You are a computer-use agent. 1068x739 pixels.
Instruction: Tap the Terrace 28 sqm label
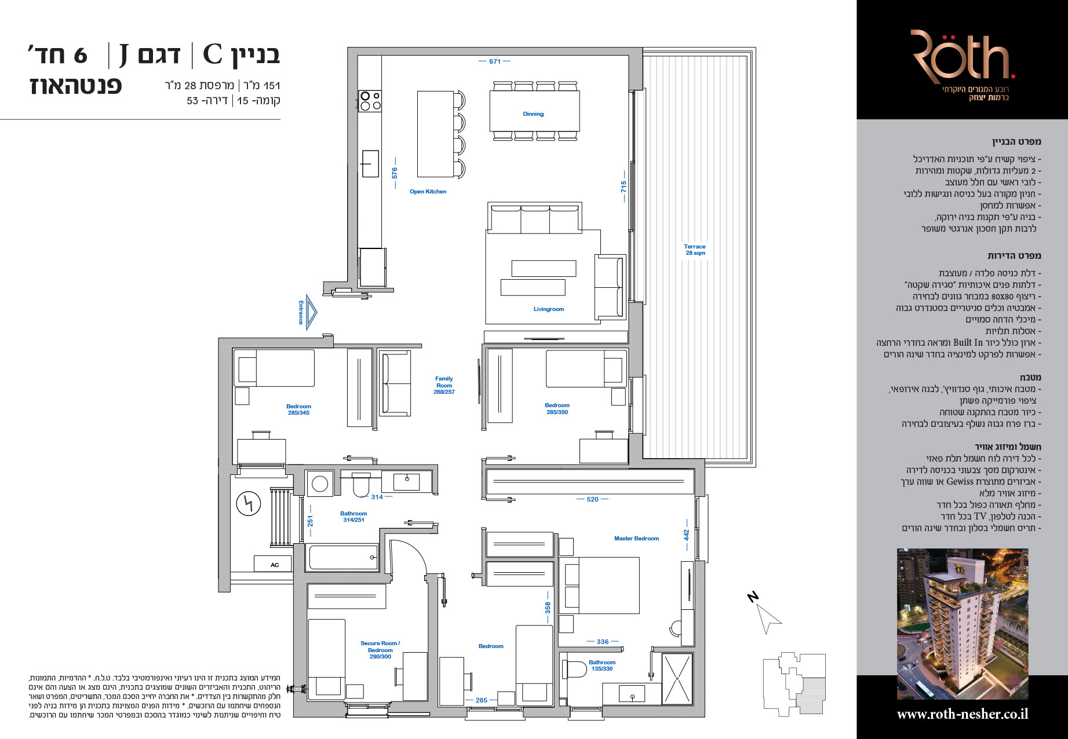pos(695,250)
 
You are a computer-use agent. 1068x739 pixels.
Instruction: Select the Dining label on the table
pos(533,114)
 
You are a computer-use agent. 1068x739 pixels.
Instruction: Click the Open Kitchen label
pos(428,192)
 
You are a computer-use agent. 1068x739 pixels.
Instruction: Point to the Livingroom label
pos(548,309)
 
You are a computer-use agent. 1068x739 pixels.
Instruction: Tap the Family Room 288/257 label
pos(444,385)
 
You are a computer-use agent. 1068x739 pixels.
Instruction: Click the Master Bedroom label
pos(636,539)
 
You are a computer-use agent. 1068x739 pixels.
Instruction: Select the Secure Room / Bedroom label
pos(380,646)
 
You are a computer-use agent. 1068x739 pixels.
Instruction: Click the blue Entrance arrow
pos(311,312)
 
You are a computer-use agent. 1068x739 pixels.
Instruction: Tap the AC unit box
pos(274,564)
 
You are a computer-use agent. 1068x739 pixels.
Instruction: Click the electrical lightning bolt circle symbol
pos(249,504)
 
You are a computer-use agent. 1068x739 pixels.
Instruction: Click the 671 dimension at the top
pos(494,61)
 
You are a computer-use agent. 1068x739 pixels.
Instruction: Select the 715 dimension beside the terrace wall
pos(624,186)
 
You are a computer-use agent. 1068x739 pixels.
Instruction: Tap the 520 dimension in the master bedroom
pos(592,499)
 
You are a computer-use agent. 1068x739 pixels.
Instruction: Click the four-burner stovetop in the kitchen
pos(370,101)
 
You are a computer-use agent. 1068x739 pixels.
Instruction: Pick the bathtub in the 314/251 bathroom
pos(343,558)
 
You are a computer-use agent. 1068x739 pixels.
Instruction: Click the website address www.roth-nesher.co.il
pos(962,715)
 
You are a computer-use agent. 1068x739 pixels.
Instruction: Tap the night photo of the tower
pos(963,624)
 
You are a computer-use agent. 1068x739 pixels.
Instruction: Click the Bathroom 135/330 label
pos(602,665)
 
